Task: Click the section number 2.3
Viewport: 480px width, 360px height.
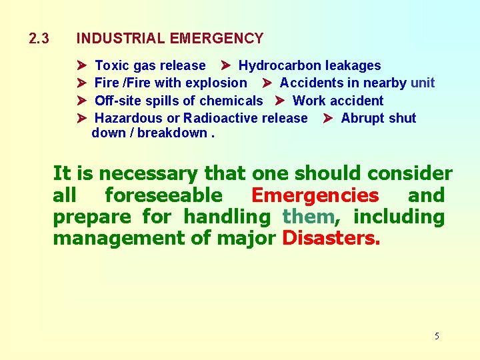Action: (x=39, y=39)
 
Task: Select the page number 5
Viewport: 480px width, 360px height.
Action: (x=437, y=336)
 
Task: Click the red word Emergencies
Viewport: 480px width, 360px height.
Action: (x=315, y=195)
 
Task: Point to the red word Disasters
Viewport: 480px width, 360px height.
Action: (x=331, y=238)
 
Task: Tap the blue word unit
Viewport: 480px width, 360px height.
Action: (x=423, y=83)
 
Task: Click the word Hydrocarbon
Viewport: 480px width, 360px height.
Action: (x=275, y=65)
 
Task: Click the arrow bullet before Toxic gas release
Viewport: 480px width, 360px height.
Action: (x=81, y=65)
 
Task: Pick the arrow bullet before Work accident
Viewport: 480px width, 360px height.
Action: (x=279, y=101)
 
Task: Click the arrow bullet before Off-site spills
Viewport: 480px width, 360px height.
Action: (x=81, y=101)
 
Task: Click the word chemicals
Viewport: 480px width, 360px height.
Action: (x=233, y=101)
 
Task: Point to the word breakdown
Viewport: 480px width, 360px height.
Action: (x=172, y=133)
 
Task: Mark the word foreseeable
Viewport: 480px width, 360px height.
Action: (x=163, y=195)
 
